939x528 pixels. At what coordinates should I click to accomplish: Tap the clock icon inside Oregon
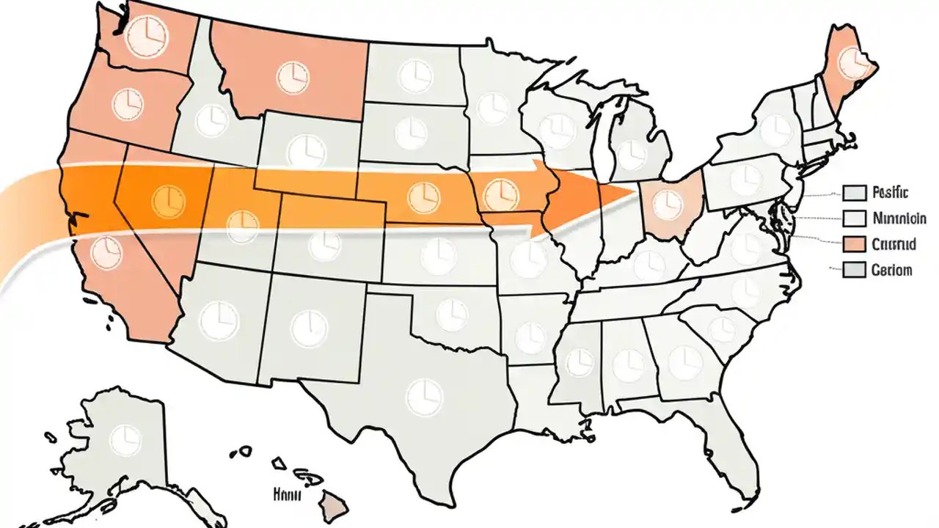pos(126,103)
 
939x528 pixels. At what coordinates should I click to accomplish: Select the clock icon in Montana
pos(291,76)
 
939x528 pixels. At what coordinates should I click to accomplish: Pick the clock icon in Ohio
pos(667,203)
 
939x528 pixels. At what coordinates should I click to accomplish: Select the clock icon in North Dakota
pos(415,76)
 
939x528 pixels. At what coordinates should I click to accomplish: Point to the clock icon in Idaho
pos(211,120)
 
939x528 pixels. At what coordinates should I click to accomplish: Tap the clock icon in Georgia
pos(685,359)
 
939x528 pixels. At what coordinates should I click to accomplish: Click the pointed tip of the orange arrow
pos(635,192)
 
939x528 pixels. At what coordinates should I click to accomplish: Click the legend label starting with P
pos(891,194)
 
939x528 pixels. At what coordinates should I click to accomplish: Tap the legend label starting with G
pos(891,270)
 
